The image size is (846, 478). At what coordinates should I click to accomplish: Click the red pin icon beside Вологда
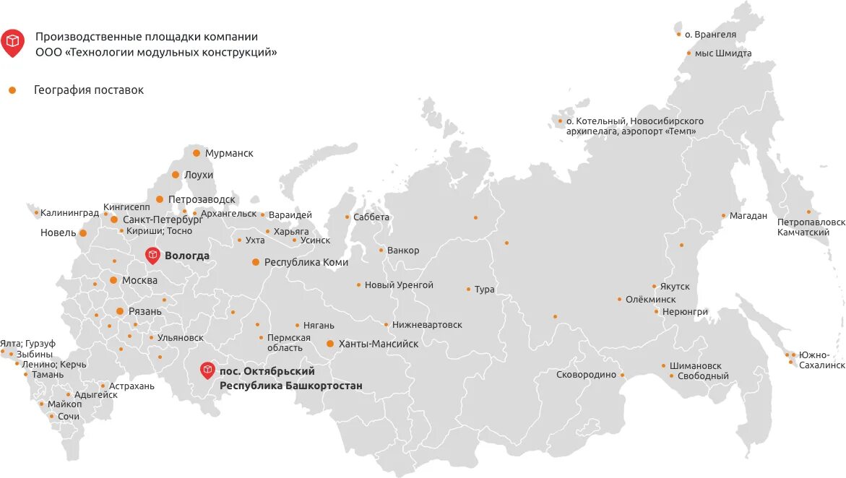coord(152,254)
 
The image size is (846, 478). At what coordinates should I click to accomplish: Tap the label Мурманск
coord(229,153)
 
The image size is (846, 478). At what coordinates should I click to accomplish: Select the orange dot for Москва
coord(113,280)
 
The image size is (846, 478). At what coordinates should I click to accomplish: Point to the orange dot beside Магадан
coord(723,215)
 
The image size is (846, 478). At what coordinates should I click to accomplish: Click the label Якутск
coord(675,287)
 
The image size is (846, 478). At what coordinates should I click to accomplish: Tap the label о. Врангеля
coord(710,34)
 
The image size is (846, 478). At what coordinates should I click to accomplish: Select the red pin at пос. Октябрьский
coord(208,370)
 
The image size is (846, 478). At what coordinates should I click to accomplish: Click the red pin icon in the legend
coord(12,42)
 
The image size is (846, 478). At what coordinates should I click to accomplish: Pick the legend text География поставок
coord(89,90)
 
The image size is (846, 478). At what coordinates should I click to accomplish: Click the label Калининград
coord(69,213)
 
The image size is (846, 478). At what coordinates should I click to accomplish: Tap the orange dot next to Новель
coord(83,233)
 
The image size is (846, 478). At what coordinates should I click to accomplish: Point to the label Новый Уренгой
coord(399,285)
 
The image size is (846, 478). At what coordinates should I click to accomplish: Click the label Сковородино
coord(586,375)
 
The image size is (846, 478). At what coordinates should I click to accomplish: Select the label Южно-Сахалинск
coord(821,360)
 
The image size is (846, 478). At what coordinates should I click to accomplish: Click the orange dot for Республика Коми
coord(255,262)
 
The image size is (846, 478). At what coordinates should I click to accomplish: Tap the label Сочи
coord(69,417)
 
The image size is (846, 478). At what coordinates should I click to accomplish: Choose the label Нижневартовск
coord(428,325)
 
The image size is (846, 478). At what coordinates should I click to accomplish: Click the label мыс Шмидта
coord(723,53)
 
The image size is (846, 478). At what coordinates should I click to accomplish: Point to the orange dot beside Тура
coord(468,290)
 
